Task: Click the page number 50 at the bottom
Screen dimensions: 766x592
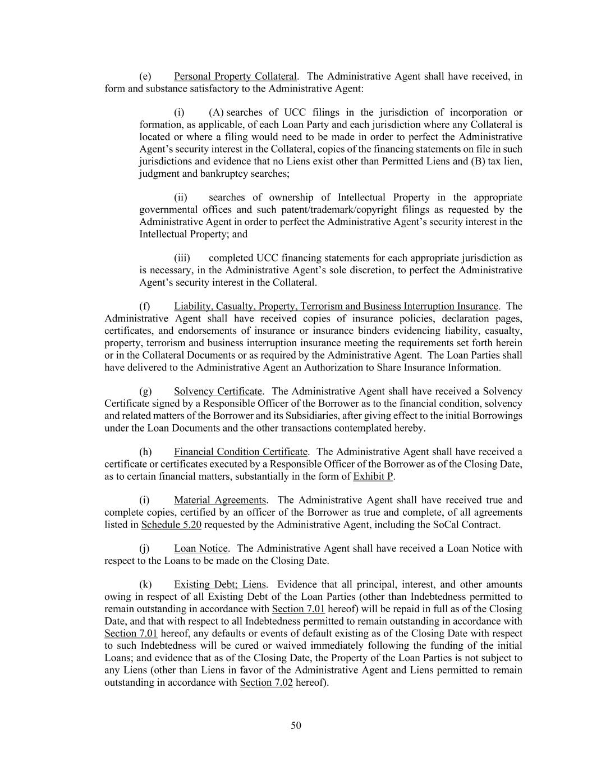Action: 296,726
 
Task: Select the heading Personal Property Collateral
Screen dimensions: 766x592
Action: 235,76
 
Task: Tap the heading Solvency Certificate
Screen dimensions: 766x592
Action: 218,391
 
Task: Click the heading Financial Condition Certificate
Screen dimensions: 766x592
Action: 241,452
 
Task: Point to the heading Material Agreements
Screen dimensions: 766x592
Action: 220,500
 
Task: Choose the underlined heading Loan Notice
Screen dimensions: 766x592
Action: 201,548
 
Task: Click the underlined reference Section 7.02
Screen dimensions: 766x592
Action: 266,682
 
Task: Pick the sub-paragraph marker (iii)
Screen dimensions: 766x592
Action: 182,258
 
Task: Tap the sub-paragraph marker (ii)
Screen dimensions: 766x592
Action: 181,198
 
